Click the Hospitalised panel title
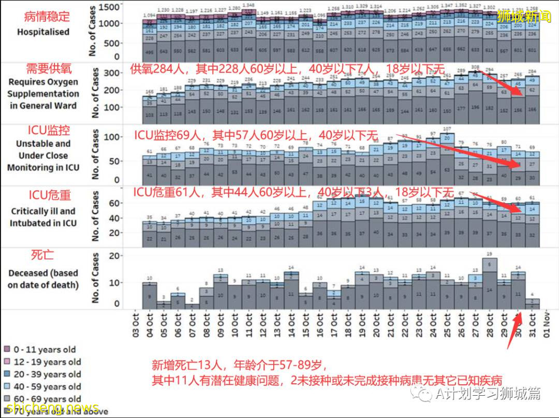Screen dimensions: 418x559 [x=43, y=32]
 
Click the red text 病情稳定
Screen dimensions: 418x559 [x=47, y=17]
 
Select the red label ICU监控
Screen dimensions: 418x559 [x=49, y=129]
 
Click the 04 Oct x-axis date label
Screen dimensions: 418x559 [x=150, y=326]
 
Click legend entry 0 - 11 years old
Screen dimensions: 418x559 [x=40, y=350]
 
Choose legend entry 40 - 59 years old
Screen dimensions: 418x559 [x=42, y=386]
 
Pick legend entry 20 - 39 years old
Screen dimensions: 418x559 [x=42, y=374]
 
